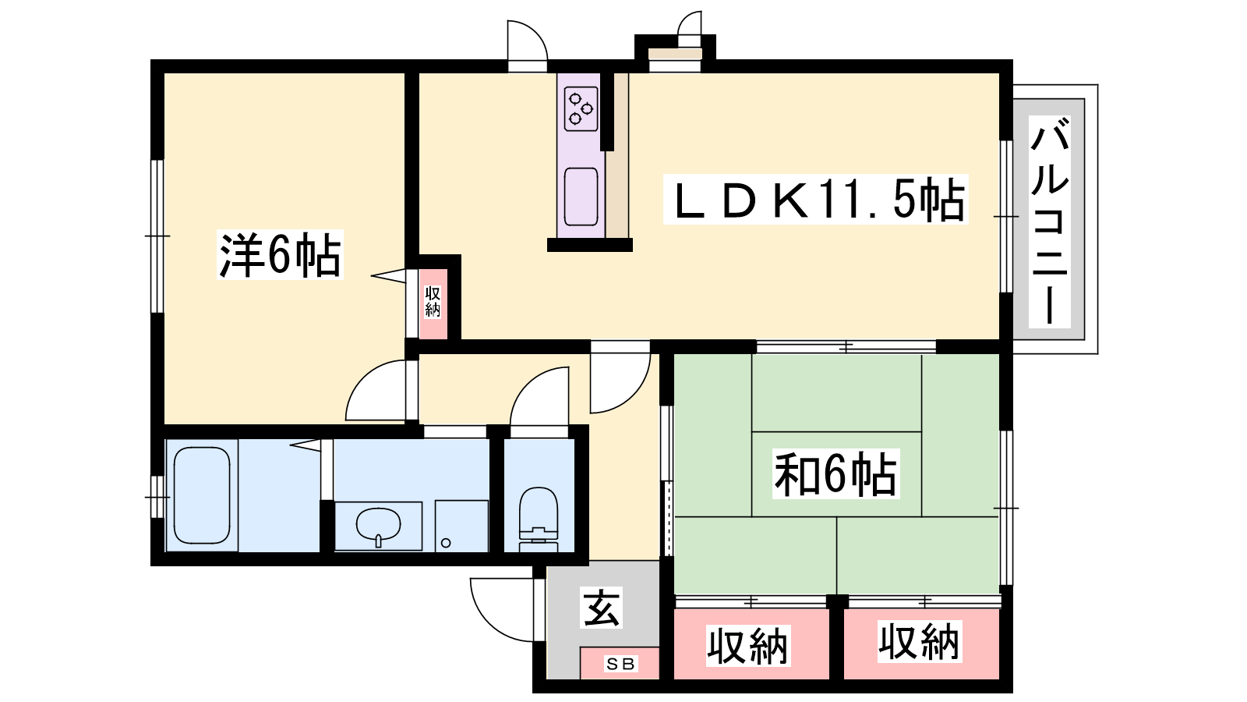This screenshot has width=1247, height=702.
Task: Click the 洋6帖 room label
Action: [x=280, y=255]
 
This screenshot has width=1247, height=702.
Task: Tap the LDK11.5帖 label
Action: [x=815, y=200]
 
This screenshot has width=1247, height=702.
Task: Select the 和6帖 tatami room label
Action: [x=835, y=473]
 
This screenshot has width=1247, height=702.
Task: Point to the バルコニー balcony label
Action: [x=1049, y=222]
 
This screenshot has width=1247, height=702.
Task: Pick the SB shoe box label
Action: [x=620, y=664]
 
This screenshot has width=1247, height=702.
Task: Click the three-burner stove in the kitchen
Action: [x=581, y=108]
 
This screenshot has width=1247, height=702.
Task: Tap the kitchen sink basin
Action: [x=581, y=197]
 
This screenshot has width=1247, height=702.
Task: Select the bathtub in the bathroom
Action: [x=202, y=495]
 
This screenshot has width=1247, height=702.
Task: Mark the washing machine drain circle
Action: [x=445, y=543]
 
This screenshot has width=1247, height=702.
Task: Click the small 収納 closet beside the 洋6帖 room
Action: [x=433, y=303]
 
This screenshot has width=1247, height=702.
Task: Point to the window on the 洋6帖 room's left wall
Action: [x=157, y=236]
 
